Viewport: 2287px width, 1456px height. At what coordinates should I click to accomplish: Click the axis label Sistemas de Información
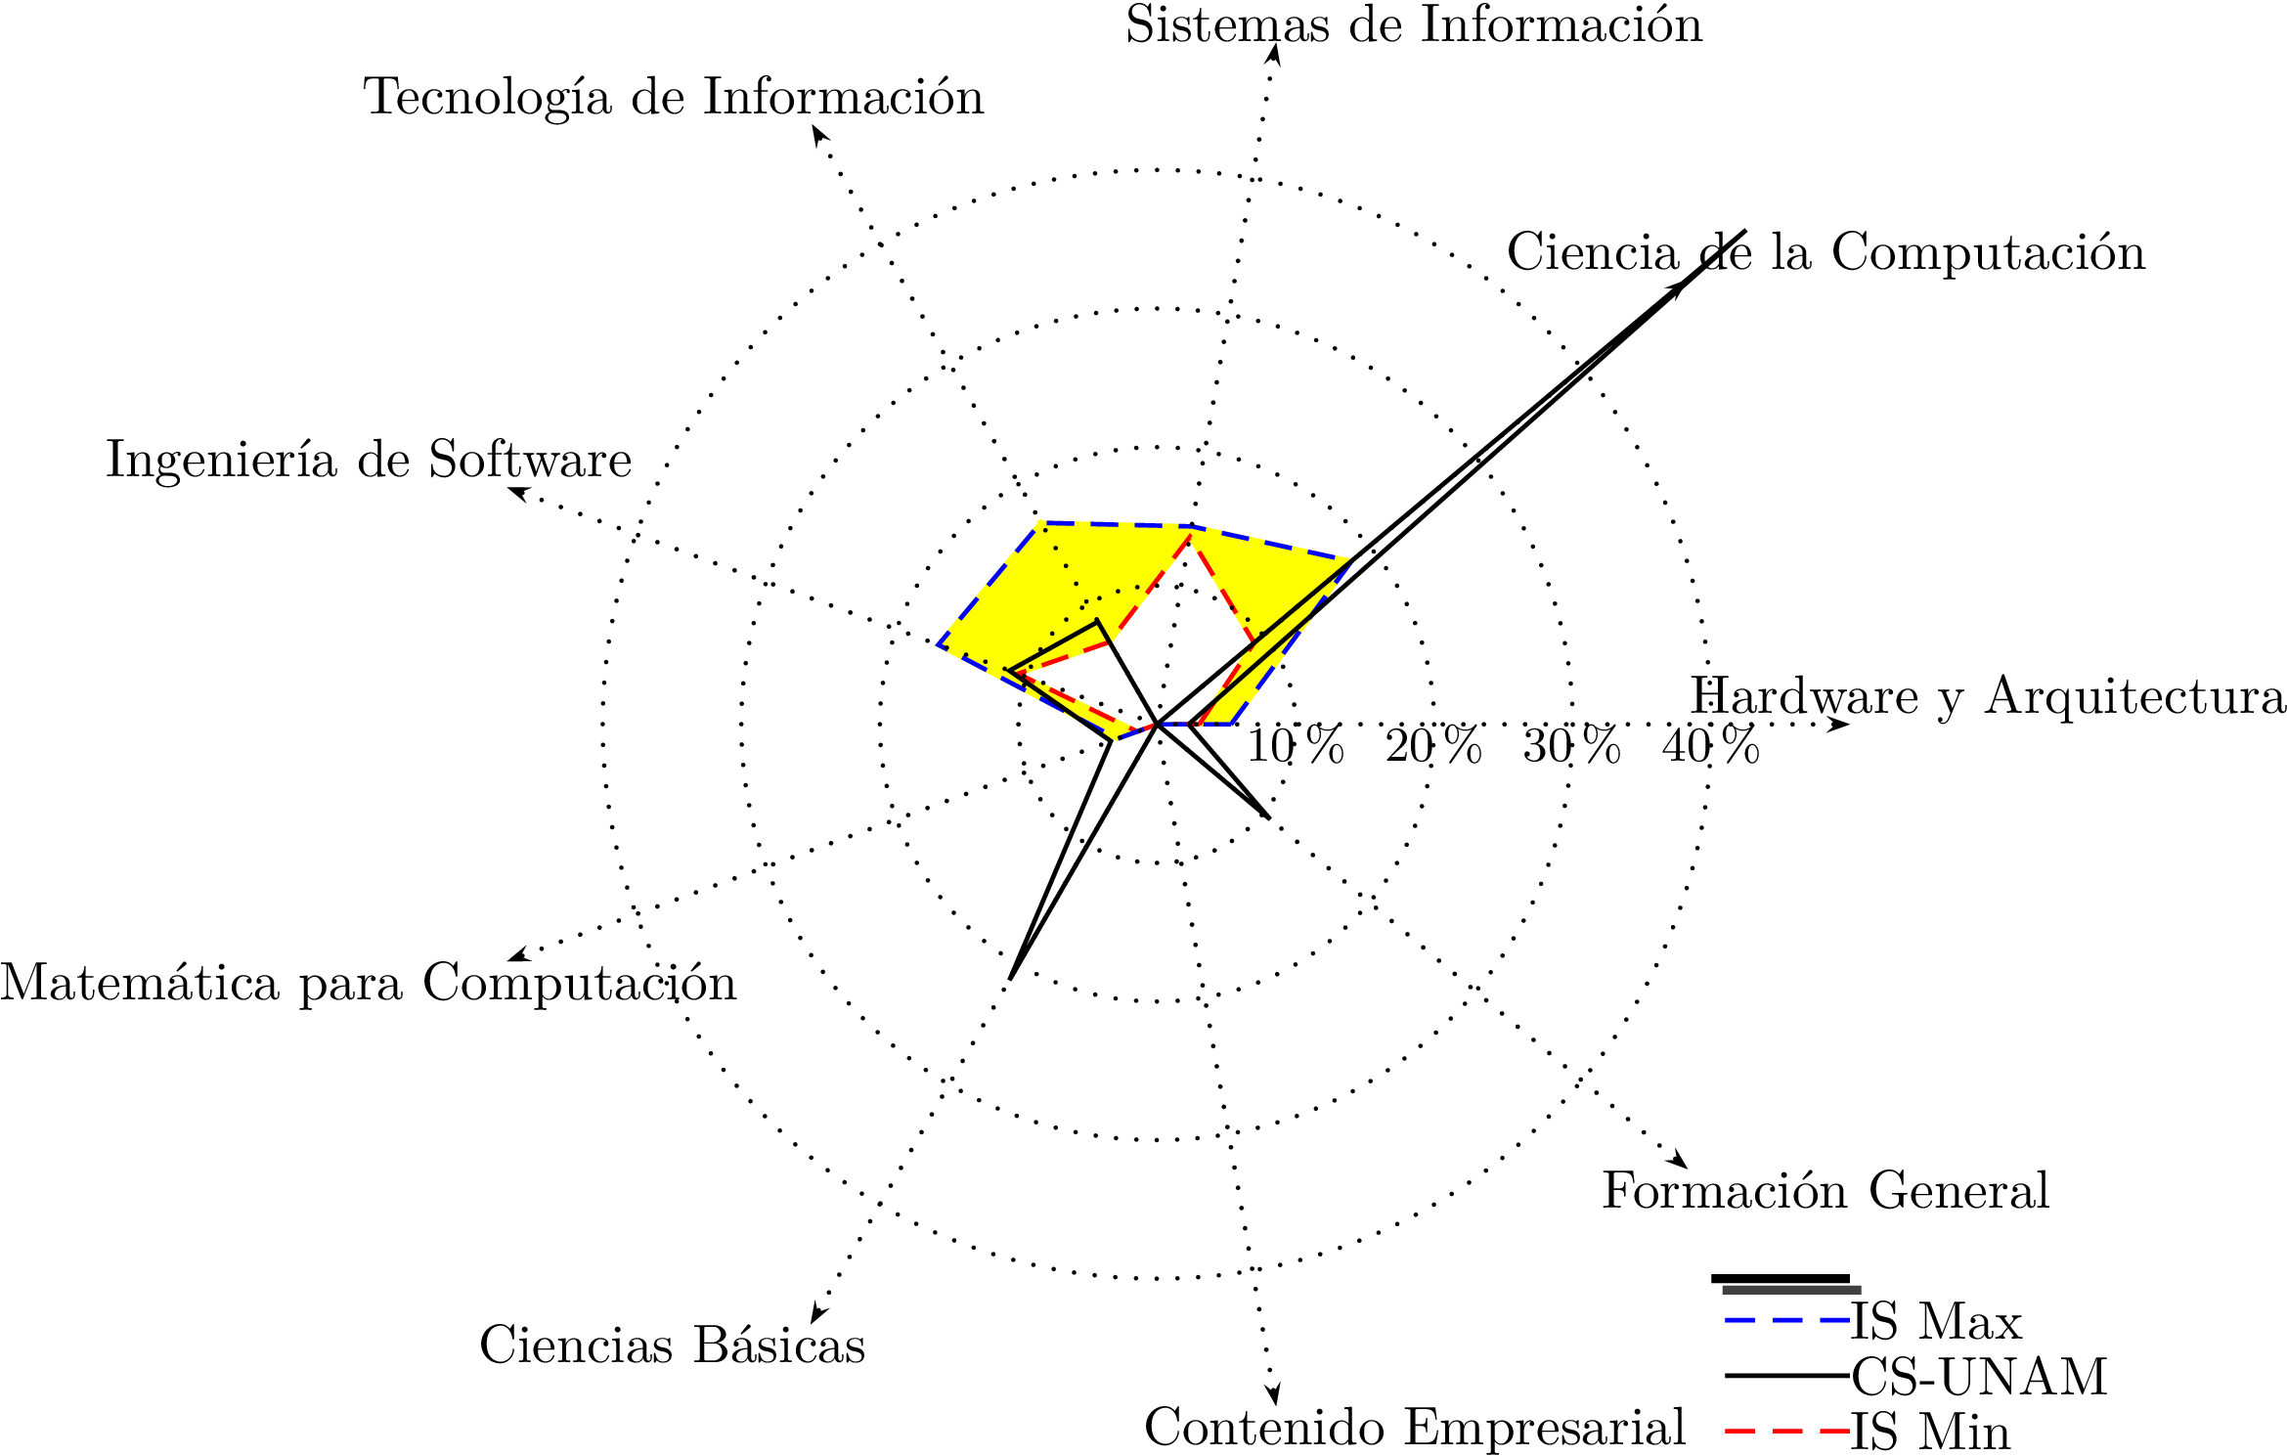pyautogui.click(x=1413, y=25)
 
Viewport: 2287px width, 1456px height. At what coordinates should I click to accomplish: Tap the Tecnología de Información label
pyautogui.click(x=674, y=98)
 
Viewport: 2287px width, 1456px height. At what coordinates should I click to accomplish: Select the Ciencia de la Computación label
pyautogui.click(x=1825, y=252)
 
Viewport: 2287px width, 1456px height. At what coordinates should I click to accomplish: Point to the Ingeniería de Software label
pyautogui.click(x=369, y=460)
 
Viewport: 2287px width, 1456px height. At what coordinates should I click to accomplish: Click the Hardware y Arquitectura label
pyautogui.click(x=1988, y=696)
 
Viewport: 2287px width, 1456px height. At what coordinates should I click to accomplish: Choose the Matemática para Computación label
pyautogui.click(x=369, y=983)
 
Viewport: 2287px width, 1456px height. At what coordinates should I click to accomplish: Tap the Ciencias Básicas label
pyautogui.click(x=672, y=1346)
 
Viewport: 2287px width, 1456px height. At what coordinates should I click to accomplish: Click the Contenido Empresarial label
pyautogui.click(x=1415, y=1428)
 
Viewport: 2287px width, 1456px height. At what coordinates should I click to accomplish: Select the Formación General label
pyautogui.click(x=1825, y=1191)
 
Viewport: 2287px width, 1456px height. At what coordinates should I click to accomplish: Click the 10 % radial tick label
pyautogui.click(x=1296, y=747)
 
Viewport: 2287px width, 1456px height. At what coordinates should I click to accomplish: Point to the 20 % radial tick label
pyautogui.click(x=1433, y=747)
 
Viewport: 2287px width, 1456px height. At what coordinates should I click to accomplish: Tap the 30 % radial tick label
pyautogui.click(x=1571, y=747)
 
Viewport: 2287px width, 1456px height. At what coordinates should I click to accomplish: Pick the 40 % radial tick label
pyautogui.click(x=1710, y=747)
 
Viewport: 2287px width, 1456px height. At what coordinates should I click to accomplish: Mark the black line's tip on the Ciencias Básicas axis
pyautogui.click(x=1011, y=978)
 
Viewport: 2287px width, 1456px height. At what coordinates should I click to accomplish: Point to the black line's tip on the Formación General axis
pyautogui.click(x=1269, y=816)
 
